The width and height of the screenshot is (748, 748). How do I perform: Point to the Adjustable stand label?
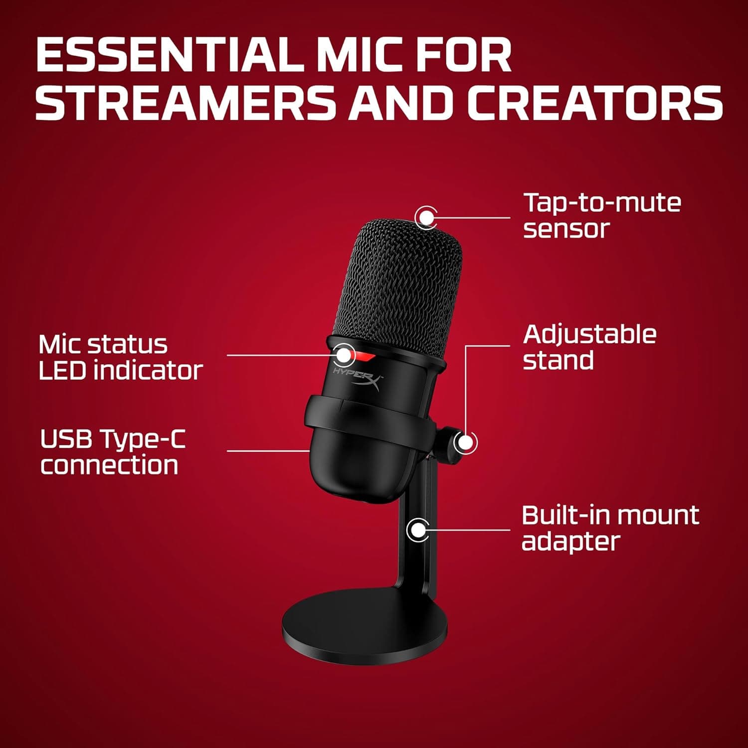589,347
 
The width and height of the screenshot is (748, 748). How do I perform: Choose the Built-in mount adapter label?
610,528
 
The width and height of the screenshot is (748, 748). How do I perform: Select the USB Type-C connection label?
112,452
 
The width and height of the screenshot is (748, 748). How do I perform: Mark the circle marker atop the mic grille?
425,217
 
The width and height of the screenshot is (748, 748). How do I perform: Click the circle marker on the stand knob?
465,442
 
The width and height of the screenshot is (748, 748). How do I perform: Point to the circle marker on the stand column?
418,529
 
